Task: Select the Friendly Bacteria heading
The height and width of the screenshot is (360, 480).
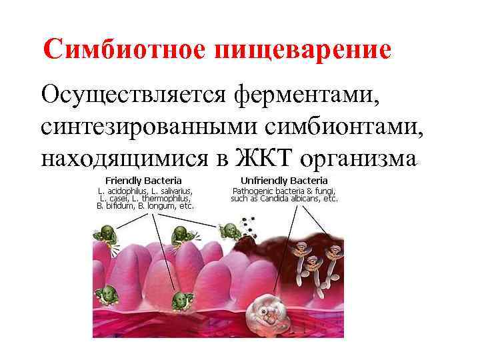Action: (143, 180)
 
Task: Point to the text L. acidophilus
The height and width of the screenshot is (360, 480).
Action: (119, 190)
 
